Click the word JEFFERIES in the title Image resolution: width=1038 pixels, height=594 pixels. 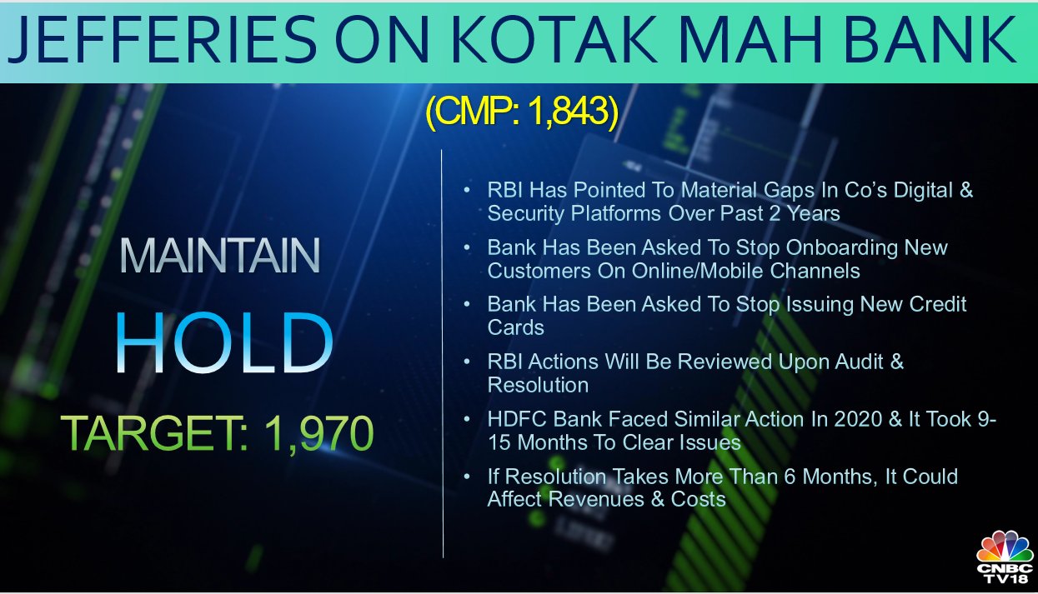click(x=163, y=39)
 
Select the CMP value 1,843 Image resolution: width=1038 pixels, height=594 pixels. click(x=567, y=112)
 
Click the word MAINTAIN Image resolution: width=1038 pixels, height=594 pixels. click(x=219, y=256)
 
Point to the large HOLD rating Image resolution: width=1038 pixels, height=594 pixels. click(x=224, y=342)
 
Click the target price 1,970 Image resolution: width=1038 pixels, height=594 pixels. click(x=319, y=433)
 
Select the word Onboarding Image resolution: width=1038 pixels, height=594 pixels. click(x=842, y=248)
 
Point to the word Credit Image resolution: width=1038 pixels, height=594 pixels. click(x=937, y=305)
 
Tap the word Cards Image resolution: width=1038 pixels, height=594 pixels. click(x=515, y=327)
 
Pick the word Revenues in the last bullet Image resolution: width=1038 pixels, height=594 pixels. click(x=596, y=499)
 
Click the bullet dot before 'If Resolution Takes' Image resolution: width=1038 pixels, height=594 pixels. click(x=467, y=477)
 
